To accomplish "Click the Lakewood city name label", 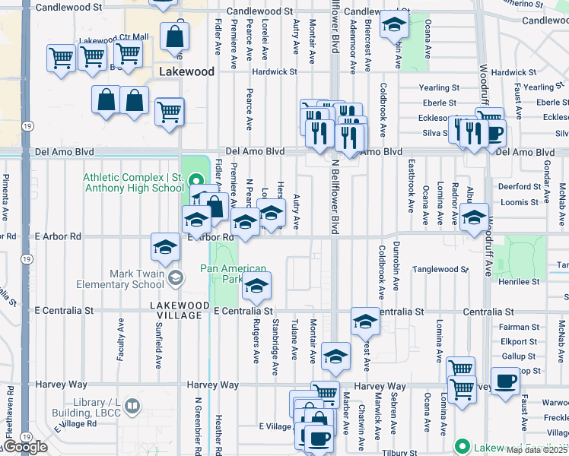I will click(187, 71).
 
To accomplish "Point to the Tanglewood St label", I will click(440, 269).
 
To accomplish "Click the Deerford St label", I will click(519, 186).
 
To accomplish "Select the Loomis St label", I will click(520, 202).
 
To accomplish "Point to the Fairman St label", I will click(519, 327).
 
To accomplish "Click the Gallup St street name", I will click(519, 356).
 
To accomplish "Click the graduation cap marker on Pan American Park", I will click(256, 287).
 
